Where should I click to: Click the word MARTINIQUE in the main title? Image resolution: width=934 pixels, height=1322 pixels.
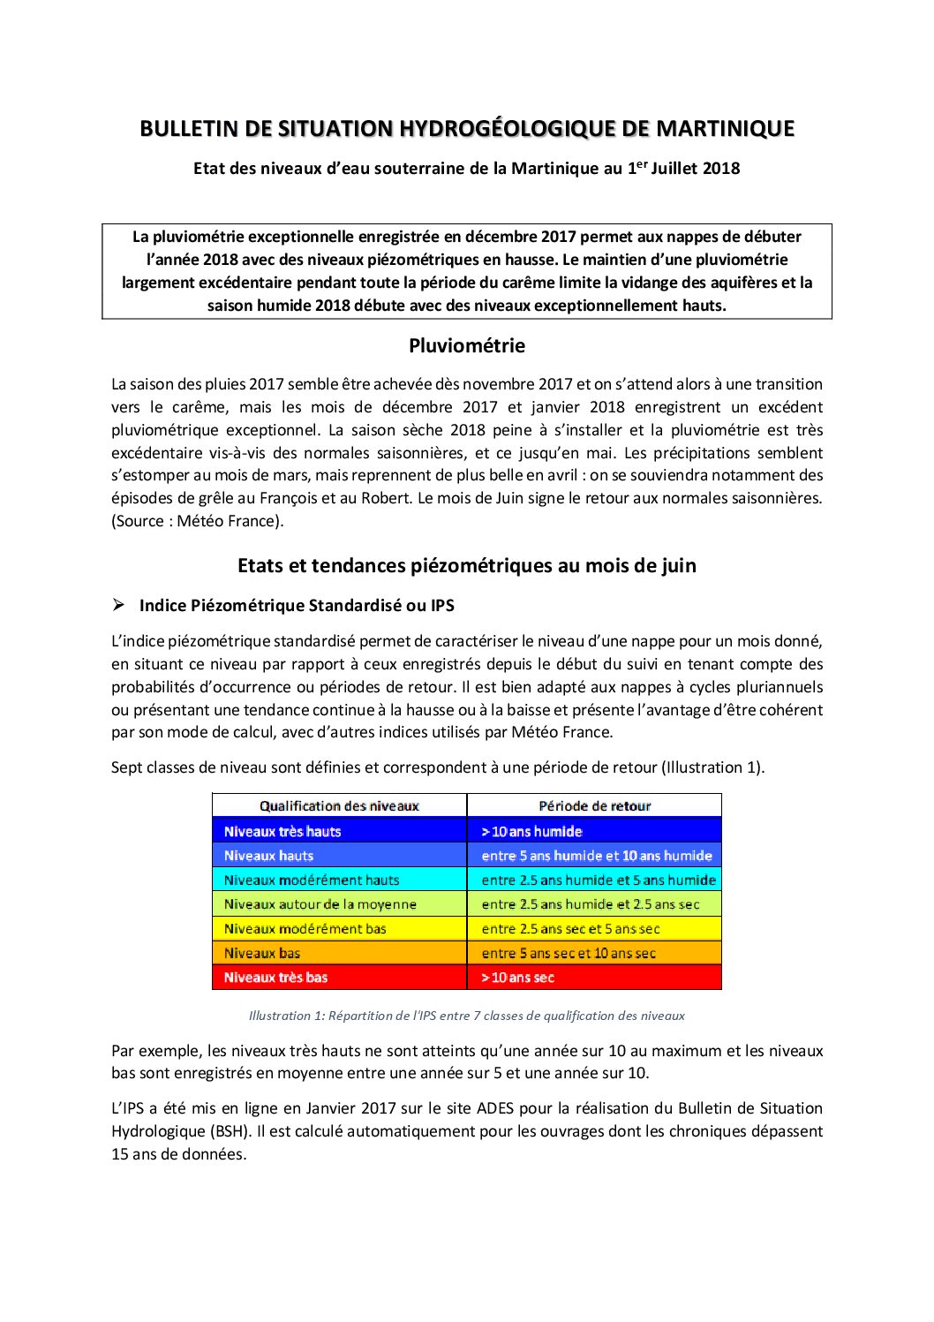pyautogui.click(x=725, y=129)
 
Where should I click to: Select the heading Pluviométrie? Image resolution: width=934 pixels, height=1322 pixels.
pyautogui.click(x=466, y=346)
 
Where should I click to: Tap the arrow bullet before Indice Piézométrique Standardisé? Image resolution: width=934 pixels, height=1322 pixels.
pyautogui.click(x=118, y=605)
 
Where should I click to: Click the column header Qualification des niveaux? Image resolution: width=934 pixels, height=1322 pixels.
pyautogui.click(x=339, y=805)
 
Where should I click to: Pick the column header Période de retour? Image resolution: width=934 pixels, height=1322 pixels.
pyautogui.click(x=594, y=805)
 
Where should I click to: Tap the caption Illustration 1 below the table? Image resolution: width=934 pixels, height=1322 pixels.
pyautogui.click(x=466, y=1016)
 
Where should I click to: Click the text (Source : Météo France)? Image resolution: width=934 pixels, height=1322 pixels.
pyautogui.click(x=198, y=521)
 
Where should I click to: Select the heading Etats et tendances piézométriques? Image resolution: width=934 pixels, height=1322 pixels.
pyautogui.click(x=466, y=565)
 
